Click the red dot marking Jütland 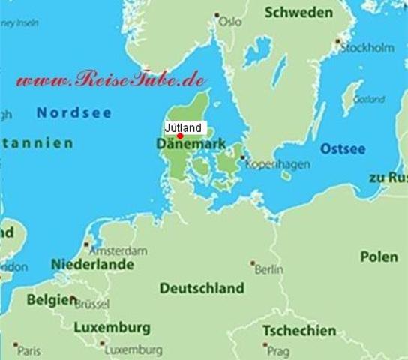pos(180,136)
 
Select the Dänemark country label pos(193,143)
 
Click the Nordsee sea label pos(74,113)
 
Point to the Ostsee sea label pos(343,149)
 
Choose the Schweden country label pos(298,13)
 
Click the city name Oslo pos(230,22)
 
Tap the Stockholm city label pos(367,47)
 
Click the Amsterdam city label pos(118,250)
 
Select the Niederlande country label pos(92,265)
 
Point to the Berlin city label pos(268,268)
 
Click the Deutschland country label pos(202,288)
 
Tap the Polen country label pos(379,256)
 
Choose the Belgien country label pos(51,298)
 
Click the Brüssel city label pos(91,304)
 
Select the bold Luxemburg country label pos(112,328)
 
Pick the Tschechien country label pos(299,330)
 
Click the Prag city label pos(278,349)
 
